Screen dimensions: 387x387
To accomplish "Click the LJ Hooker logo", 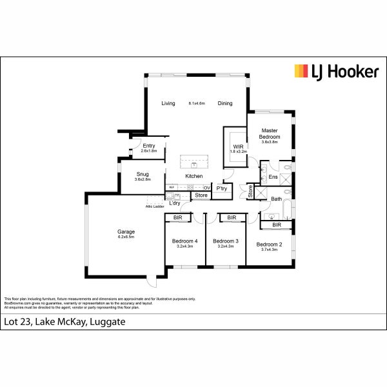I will point(336,72).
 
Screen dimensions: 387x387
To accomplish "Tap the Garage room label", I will point(126,232).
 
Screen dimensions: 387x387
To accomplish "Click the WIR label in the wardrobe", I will point(238,147).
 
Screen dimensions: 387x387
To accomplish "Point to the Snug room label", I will point(143,174).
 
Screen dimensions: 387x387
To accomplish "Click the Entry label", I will point(149,146).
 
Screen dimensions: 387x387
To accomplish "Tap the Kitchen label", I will point(194,176).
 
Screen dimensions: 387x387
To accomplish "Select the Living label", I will point(168,103).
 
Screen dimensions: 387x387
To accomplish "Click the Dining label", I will point(225,103).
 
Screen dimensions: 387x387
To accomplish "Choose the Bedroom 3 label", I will point(226,241).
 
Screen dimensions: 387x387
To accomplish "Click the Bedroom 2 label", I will point(270,244).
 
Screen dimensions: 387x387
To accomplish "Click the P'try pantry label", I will point(222,188).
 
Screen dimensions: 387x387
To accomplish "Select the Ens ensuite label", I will point(273,177).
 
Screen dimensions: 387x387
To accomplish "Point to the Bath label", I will point(276,199).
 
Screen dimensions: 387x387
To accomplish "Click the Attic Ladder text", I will point(154,206).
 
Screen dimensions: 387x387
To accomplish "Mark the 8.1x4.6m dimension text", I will point(197,103).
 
